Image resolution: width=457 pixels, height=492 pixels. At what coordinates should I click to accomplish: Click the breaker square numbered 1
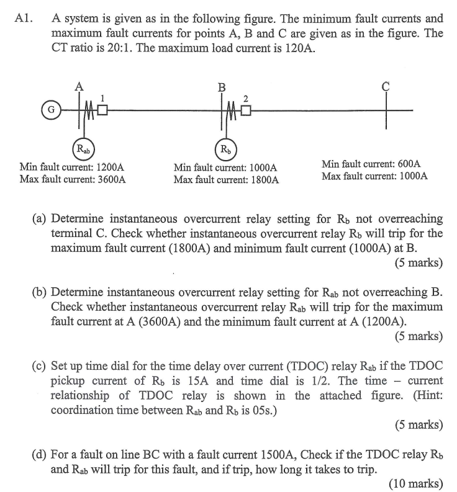point(102,111)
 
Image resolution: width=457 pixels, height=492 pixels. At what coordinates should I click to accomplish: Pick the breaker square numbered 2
point(247,111)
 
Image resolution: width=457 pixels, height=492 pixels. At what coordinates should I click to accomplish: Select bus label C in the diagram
point(385,87)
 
